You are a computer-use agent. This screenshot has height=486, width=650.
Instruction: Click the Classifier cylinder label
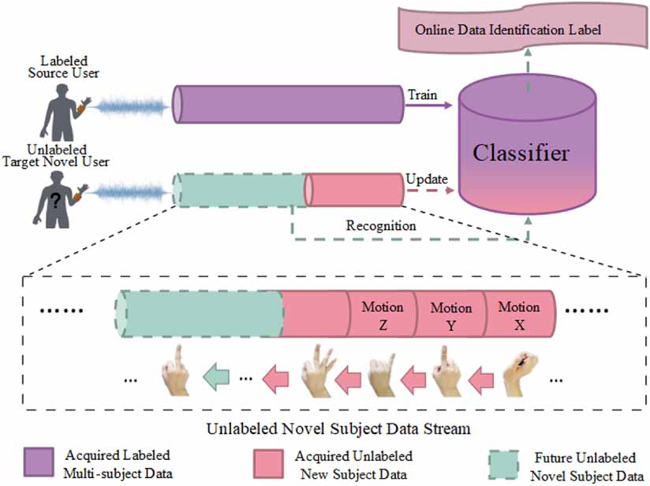point(520,151)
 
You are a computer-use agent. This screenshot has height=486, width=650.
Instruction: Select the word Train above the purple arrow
point(422,95)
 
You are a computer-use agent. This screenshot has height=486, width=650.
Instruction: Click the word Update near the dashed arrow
point(426,179)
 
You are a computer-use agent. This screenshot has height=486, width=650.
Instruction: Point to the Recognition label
point(381,225)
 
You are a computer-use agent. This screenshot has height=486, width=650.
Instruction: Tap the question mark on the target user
point(56,202)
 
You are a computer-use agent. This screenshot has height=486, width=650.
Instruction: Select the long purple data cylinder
point(288,104)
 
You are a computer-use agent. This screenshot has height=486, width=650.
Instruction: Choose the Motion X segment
point(518,313)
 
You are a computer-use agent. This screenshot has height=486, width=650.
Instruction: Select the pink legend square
point(268,463)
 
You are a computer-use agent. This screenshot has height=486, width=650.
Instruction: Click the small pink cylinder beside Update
point(354,190)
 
